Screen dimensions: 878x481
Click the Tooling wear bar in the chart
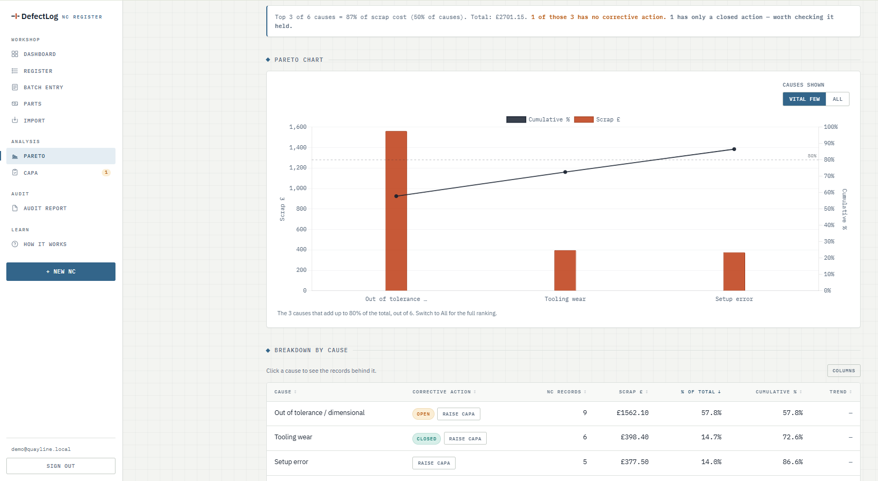pyautogui.click(x=565, y=270)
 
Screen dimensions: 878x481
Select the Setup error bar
pyautogui.click(x=734, y=271)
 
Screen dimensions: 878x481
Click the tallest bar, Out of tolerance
pyautogui.click(x=396, y=211)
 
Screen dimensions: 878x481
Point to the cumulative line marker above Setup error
pyautogui.click(x=734, y=149)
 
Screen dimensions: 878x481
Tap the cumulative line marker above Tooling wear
pyautogui.click(x=565, y=172)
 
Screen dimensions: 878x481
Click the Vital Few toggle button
pyautogui.click(x=804, y=99)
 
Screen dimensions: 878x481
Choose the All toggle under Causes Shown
pyautogui.click(x=837, y=99)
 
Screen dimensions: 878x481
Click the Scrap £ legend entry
pyautogui.click(x=597, y=119)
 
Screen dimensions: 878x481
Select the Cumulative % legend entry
pyautogui.click(x=538, y=119)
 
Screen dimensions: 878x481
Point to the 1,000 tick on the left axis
pyautogui.click(x=298, y=188)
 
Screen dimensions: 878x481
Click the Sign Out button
pyautogui.click(x=61, y=466)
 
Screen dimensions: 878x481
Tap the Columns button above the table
pyautogui.click(x=844, y=370)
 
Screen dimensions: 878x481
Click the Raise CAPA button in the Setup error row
pyautogui.click(x=433, y=463)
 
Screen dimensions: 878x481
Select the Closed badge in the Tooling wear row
pyautogui.click(x=427, y=439)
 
